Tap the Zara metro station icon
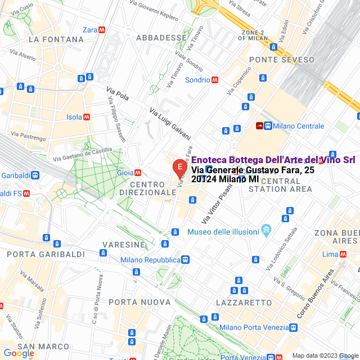click(x=102, y=30)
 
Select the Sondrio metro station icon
click(x=215, y=80)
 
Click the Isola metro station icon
click(x=87, y=117)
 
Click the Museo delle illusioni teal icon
click(x=267, y=231)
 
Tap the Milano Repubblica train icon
click(x=185, y=260)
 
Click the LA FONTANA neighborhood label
click(x=56, y=40)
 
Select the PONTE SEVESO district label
click(x=277, y=60)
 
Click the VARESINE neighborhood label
click(x=123, y=245)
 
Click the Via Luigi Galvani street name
click(x=170, y=124)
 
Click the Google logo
click(x=19, y=353)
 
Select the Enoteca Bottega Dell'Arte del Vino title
click(x=269, y=160)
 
